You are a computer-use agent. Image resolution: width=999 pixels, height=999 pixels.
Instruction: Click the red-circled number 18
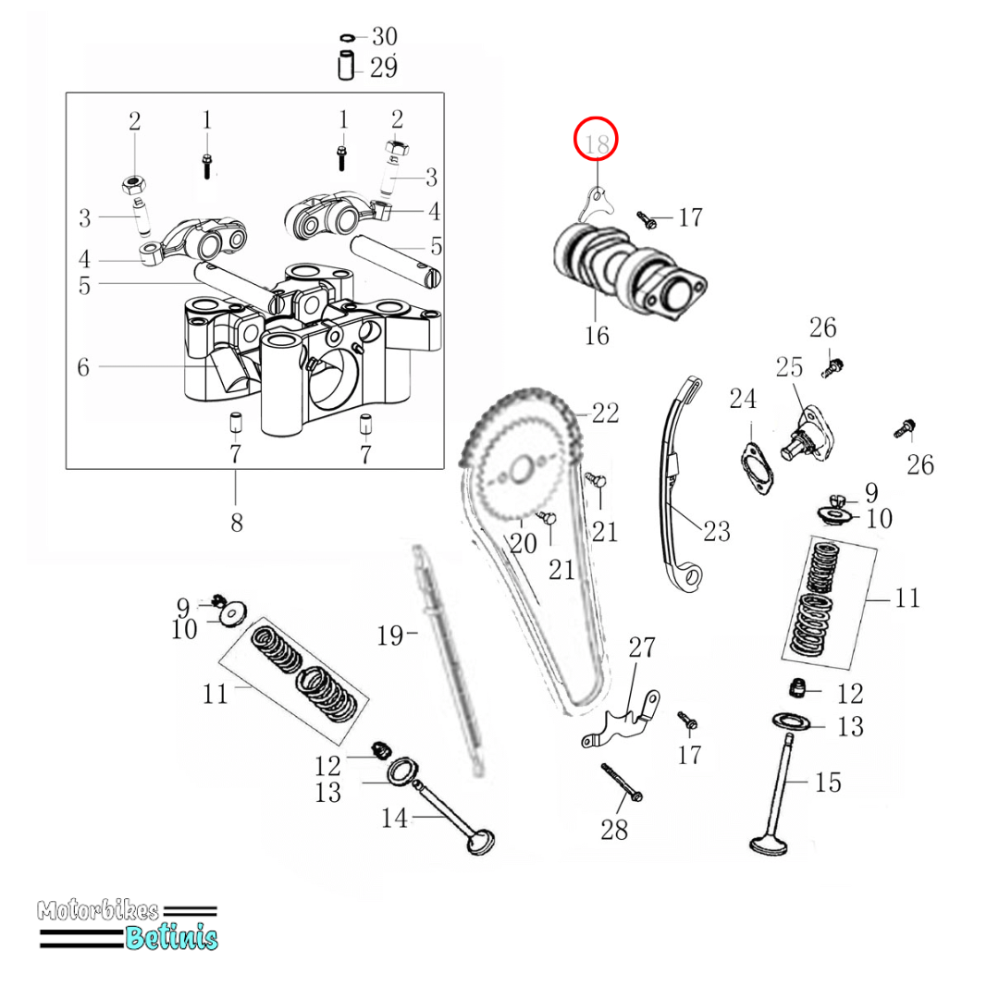(x=597, y=143)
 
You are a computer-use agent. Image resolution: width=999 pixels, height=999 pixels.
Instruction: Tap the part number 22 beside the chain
(x=605, y=413)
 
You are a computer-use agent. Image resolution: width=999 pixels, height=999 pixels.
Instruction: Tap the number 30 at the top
(x=384, y=37)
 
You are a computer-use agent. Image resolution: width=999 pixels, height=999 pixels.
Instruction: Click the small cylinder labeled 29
(x=347, y=68)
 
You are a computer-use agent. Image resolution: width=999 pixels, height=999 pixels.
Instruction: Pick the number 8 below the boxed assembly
(x=236, y=523)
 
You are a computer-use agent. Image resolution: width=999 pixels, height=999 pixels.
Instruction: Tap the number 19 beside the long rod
(x=389, y=635)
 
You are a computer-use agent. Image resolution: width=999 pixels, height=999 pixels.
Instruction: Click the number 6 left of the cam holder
(x=83, y=367)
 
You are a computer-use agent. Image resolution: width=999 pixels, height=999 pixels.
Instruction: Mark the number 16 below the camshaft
(x=598, y=335)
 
